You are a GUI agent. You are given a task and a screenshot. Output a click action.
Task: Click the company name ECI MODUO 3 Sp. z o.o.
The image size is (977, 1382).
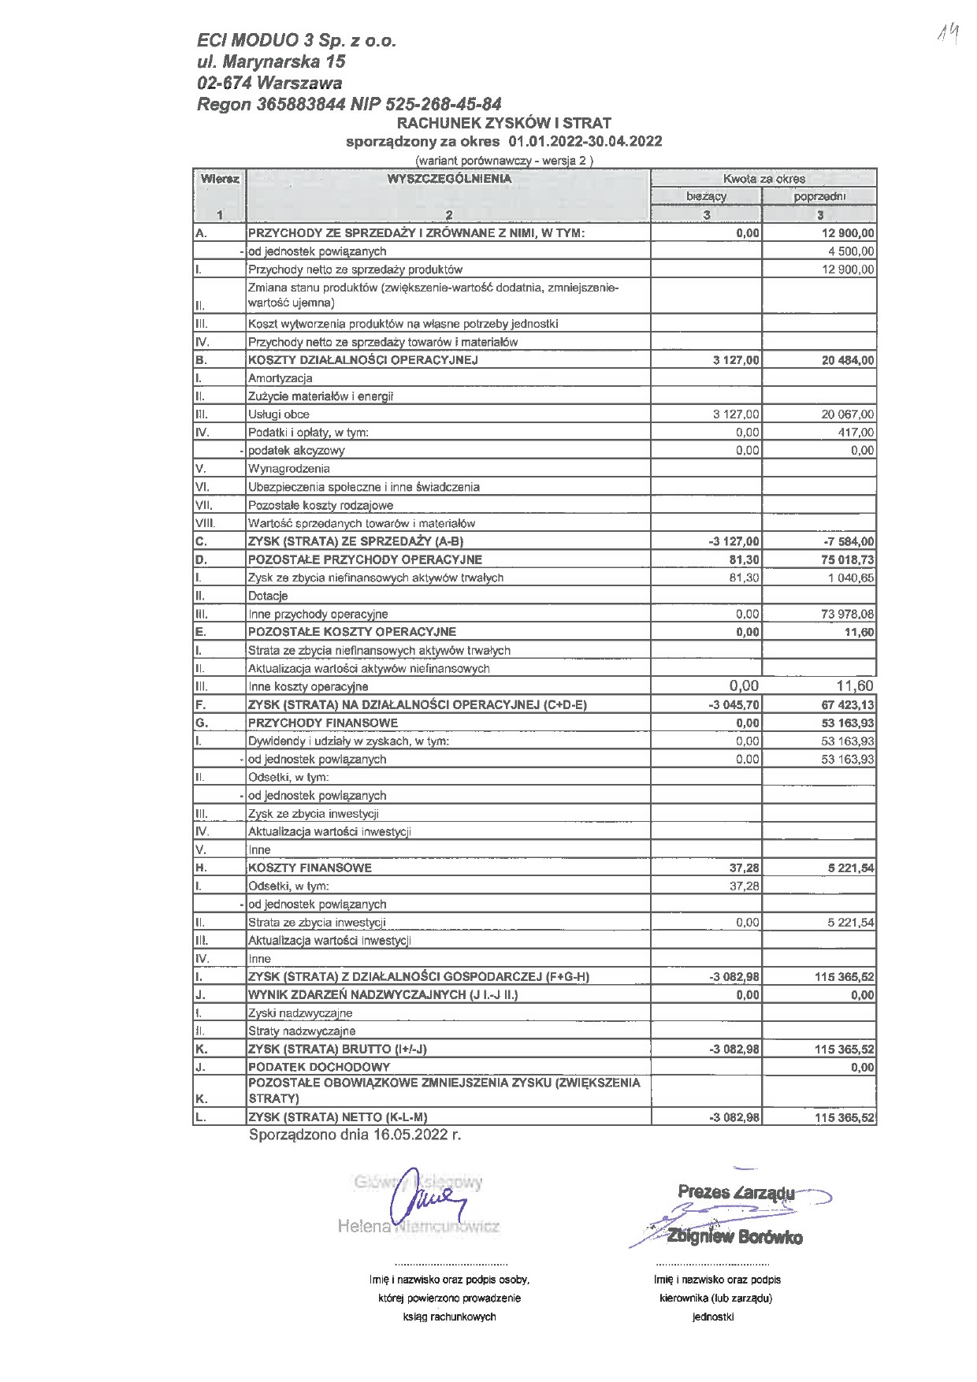[297, 40]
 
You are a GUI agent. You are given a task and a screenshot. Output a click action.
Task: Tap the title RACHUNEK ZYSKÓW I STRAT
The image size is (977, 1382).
[503, 123]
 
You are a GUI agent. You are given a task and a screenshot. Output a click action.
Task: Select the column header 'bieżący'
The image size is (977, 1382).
[706, 196]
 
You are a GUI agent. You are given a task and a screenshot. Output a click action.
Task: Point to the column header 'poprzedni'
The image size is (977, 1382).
[819, 196]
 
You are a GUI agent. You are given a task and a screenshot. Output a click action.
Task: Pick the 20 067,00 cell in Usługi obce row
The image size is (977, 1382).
[847, 414]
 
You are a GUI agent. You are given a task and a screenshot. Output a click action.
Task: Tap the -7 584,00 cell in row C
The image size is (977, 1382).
[846, 541]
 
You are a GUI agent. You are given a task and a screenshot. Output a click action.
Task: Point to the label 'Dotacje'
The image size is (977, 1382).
[268, 596]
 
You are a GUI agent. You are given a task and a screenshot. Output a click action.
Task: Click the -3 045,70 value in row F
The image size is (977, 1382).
[734, 704]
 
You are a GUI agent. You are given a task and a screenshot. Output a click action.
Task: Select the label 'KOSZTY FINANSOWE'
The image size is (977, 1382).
[310, 868]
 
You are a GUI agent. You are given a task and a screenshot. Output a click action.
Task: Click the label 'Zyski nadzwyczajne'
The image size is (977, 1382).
[300, 1013]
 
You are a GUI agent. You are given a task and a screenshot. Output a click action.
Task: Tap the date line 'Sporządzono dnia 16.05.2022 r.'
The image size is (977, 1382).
[355, 1135]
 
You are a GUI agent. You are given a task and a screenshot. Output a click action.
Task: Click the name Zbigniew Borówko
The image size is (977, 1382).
[734, 1237]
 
